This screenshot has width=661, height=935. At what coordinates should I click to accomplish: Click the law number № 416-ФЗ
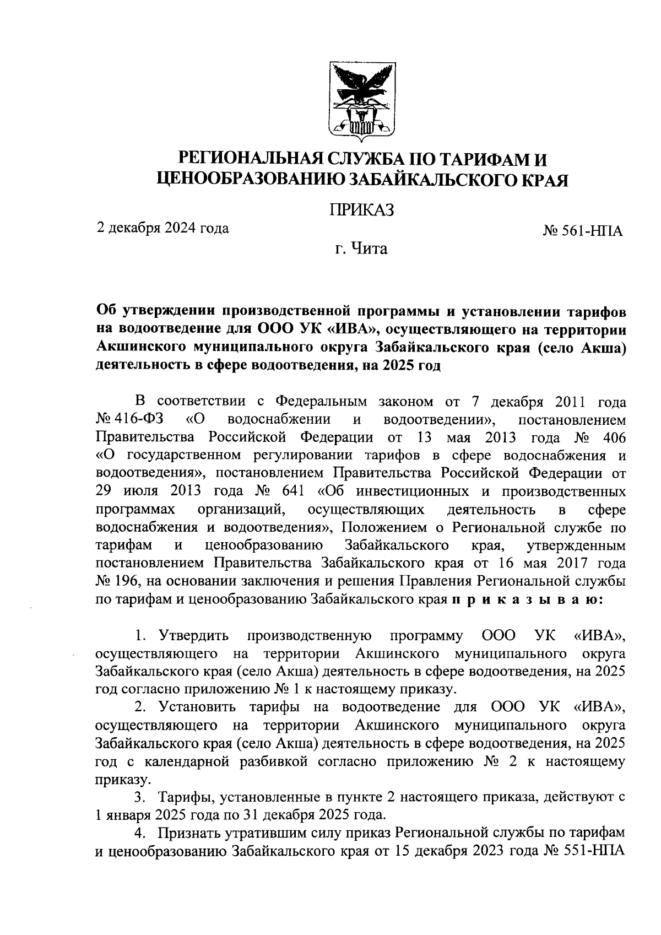click(129, 419)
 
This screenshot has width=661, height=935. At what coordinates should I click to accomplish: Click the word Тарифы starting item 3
click(182, 797)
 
